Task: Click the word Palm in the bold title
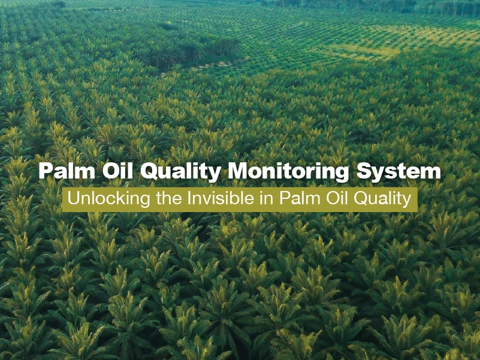click(67, 171)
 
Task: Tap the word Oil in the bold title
click(117, 171)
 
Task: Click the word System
click(399, 173)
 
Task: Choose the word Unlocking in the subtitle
click(108, 199)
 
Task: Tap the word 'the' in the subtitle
click(169, 198)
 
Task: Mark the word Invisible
click(221, 198)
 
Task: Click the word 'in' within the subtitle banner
click(266, 198)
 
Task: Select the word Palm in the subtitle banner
click(299, 198)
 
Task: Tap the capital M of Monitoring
click(238, 171)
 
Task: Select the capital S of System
click(363, 171)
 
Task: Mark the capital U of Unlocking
click(74, 198)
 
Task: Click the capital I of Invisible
click(190, 198)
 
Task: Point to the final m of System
click(430, 173)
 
